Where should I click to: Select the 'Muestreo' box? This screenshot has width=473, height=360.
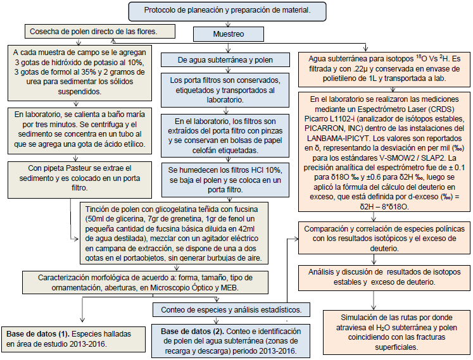click(x=228, y=34)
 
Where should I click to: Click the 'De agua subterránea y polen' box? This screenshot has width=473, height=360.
click(x=226, y=60)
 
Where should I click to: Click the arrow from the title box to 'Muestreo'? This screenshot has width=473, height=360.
click(x=229, y=24)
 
